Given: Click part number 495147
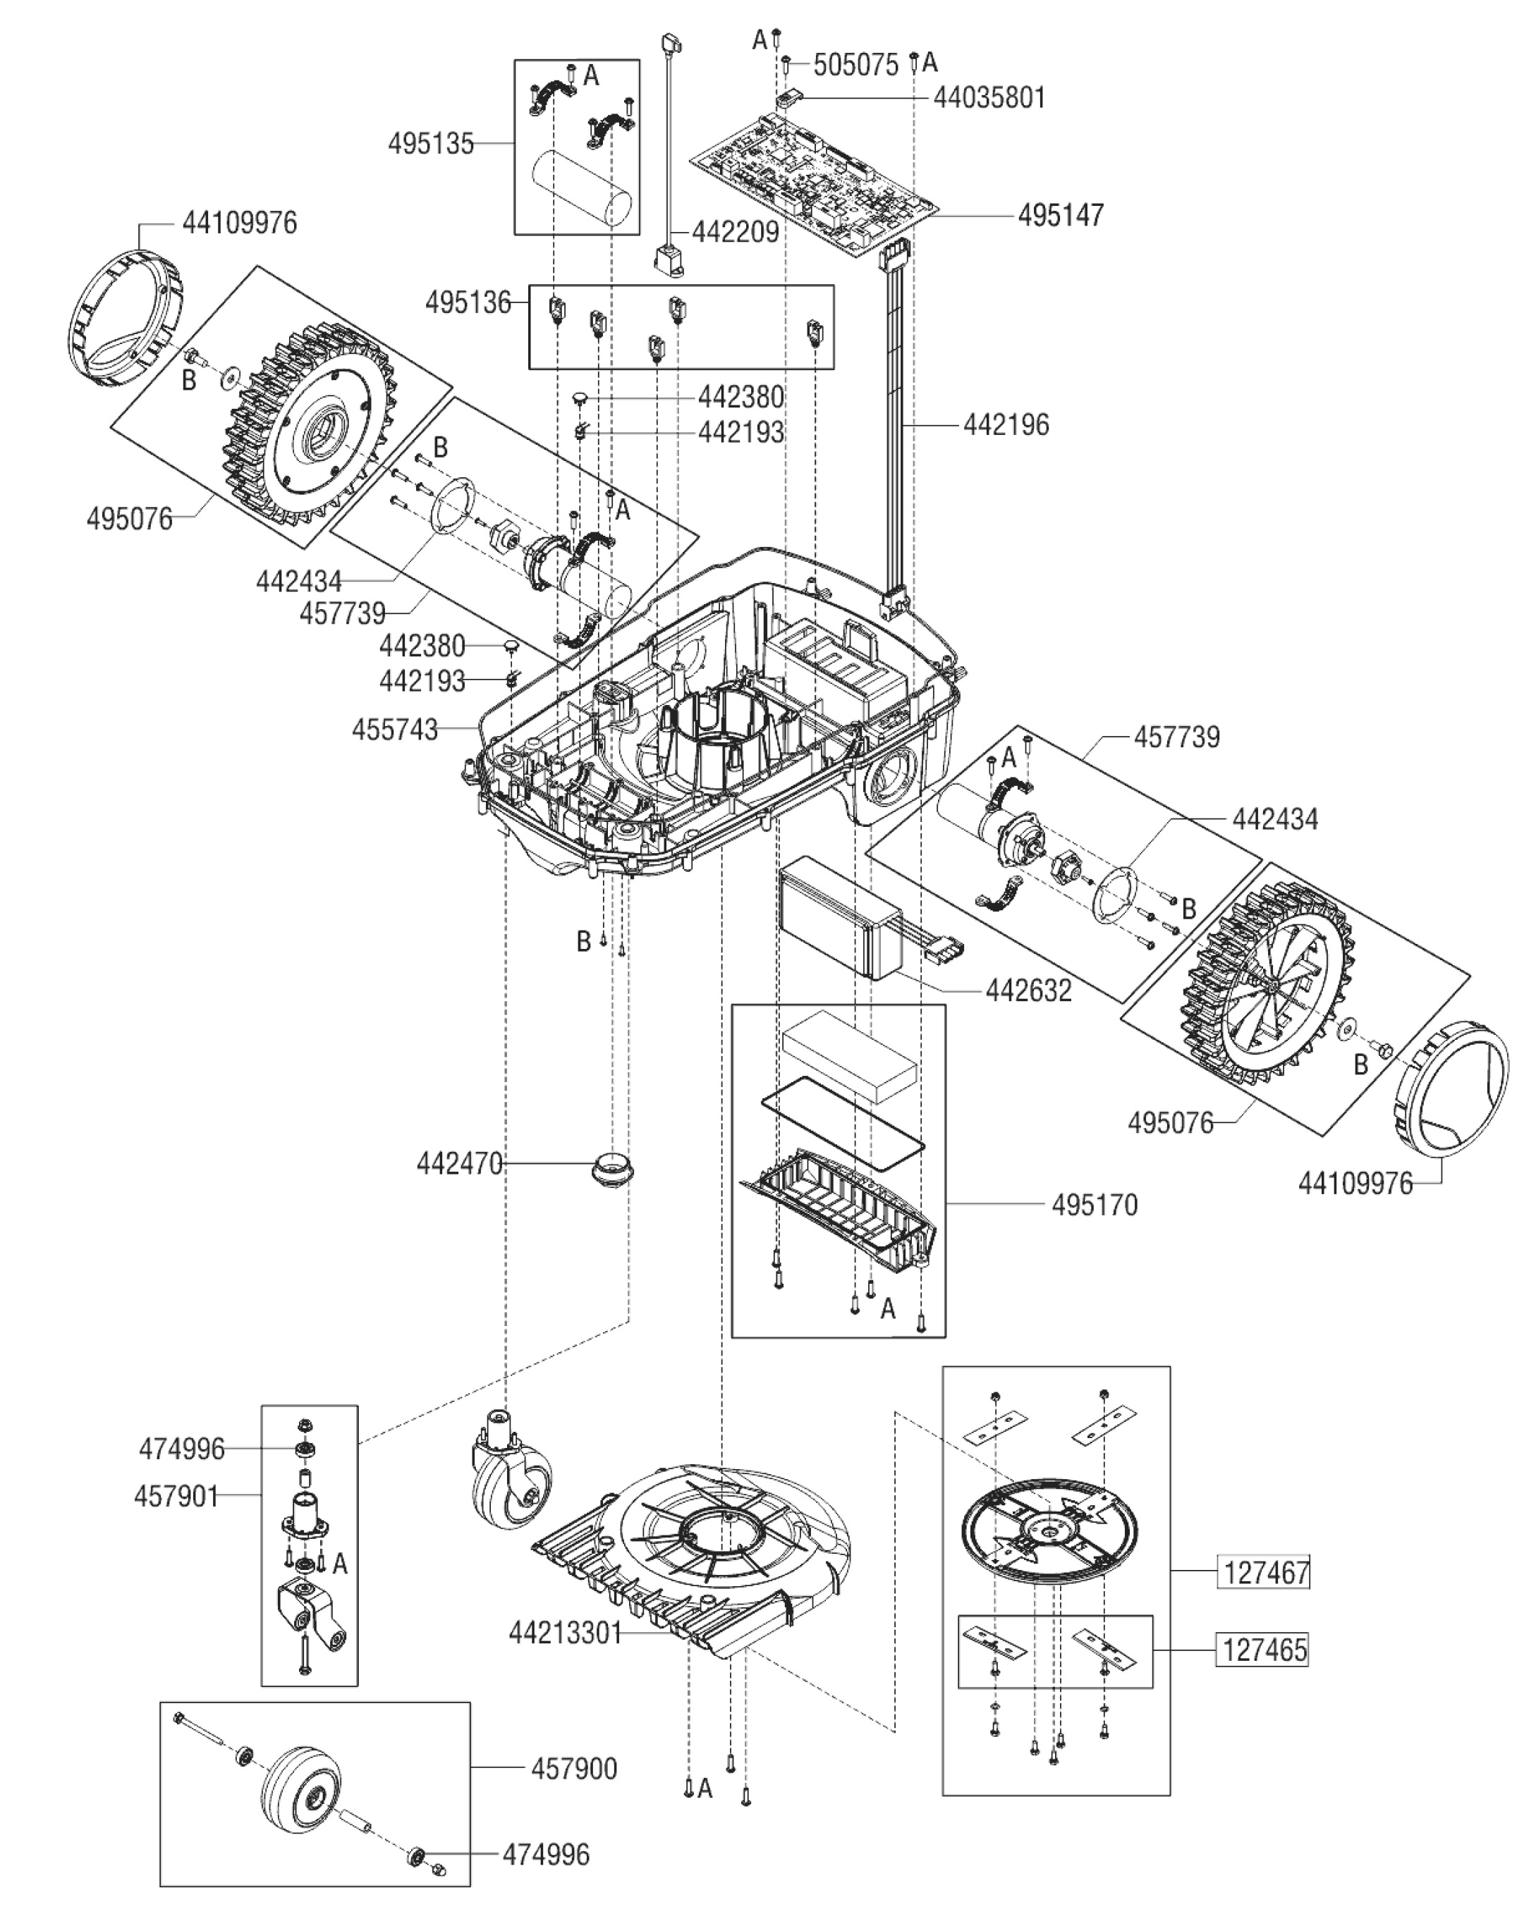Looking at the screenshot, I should pyautogui.click(x=1060, y=215).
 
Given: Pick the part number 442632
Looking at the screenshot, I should pyautogui.click(x=1028, y=990).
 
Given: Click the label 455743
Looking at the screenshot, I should pyautogui.click(x=395, y=730).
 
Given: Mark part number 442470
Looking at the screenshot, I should pyautogui.click(x=460, y=1163).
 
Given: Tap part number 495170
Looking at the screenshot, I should pyautogui.click(x=1094, y=1205).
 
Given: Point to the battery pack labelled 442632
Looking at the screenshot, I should pyautogui.click(x=839, y=924).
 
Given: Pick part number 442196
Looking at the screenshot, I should pyautogui.click(x=1006, y=425).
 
